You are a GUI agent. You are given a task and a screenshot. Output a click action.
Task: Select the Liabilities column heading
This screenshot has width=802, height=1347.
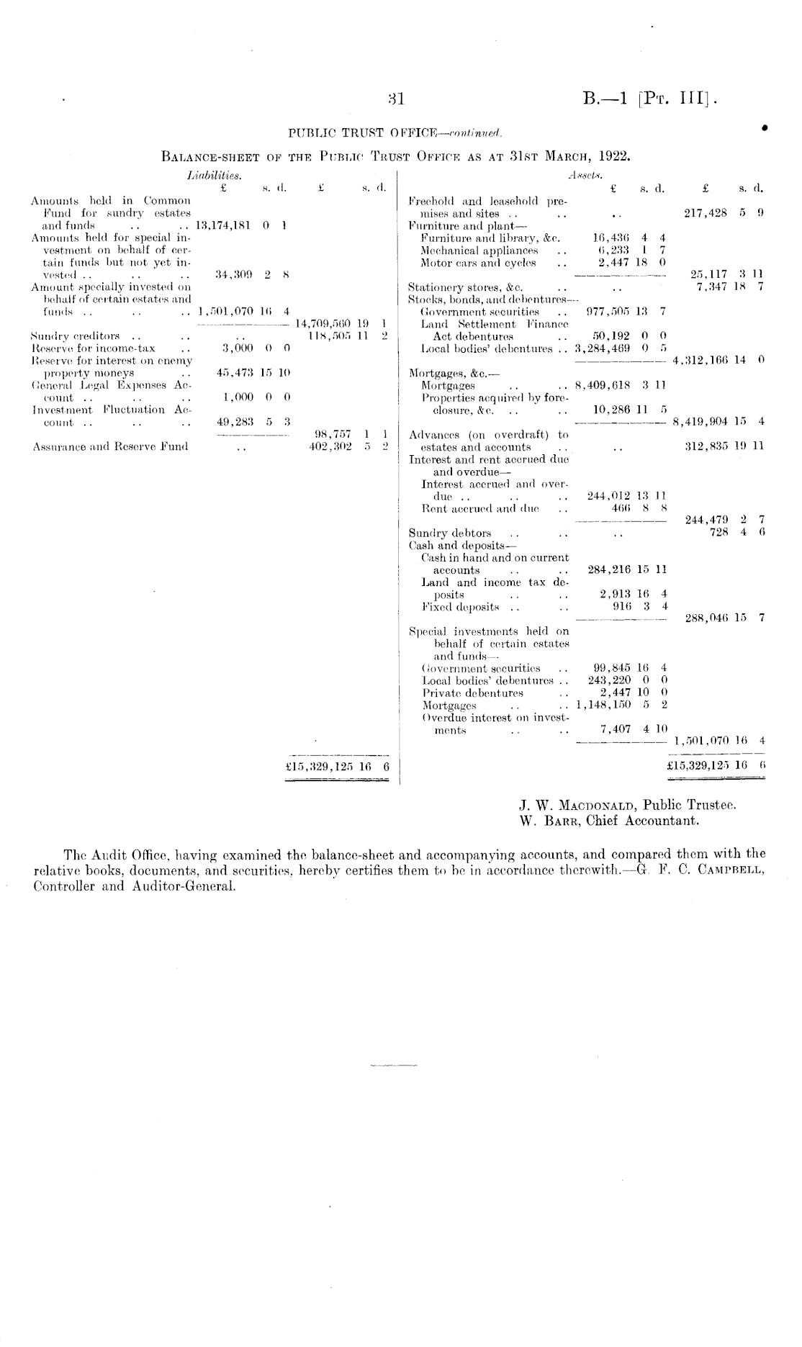click(214, 175)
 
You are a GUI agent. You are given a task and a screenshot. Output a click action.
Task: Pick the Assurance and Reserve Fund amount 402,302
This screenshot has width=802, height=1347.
click(328, 446)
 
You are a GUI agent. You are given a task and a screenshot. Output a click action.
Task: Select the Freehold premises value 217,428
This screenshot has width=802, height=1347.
click(706, 213)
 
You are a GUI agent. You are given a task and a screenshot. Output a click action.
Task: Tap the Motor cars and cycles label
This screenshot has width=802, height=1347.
click(478, 263)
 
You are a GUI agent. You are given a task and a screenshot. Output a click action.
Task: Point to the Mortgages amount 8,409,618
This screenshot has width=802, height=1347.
click(603, 385)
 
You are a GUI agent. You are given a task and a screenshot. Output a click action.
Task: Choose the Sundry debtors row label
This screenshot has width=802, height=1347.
click(450, 533)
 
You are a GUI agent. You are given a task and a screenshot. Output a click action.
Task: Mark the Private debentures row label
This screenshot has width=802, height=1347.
click(472, 693)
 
